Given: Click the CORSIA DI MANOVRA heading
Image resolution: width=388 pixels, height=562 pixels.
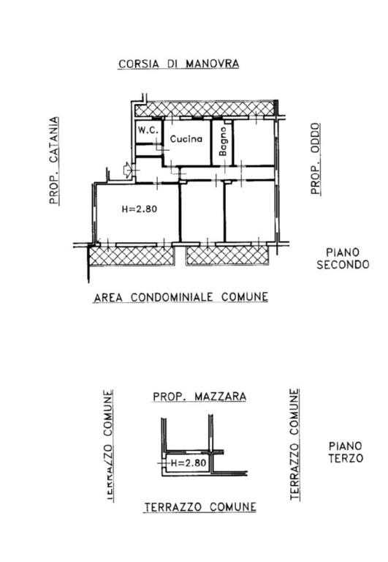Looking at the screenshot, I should click(x=179, y=64).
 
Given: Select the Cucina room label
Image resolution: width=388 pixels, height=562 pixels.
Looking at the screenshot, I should click(x=186, y=138).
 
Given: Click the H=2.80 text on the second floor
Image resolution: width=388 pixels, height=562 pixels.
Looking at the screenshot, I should click(x=139, y=209).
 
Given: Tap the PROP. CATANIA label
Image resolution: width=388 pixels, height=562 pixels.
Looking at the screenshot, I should click(x=53, y=161).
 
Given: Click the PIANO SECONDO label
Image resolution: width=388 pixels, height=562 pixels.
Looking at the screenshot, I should click(x=343, y=258).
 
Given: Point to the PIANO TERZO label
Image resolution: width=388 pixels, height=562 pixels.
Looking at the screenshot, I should click(x=346, y=452).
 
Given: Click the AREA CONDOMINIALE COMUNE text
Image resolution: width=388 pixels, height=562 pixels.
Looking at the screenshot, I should click(x=180, y=297).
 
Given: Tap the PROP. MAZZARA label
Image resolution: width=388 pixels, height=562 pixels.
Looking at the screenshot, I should click(x=199, y=397).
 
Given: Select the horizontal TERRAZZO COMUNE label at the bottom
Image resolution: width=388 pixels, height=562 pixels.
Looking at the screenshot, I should click(x=199, y=506).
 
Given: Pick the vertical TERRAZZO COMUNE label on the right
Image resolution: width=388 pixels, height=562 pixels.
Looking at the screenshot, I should click(x=294, y=444).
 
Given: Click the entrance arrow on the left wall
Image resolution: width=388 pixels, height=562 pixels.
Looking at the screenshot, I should click(x=129, y=170).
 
